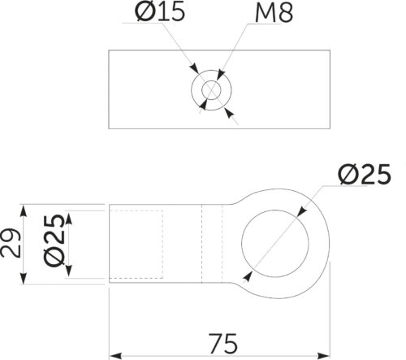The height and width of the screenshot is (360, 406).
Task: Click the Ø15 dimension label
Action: pyautogui.click(x=160, y=11)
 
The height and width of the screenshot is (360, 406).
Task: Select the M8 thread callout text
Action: pyautogui.click(x=274, y=12)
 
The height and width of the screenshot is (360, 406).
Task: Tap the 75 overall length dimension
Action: pyautogui.click(x=223, y=344)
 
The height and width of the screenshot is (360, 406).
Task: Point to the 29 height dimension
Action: pyautogui.click(x=11, y=243)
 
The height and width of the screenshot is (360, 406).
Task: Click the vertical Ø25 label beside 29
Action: pyautogui.click(x=54, y=241)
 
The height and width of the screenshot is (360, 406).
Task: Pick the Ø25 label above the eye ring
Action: pyautogui.click(x=365, y=174)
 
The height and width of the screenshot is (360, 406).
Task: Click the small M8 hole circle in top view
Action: pyautogui.click(x=211, y=90)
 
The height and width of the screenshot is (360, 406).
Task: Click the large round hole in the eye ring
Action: pyautogui.click(x=275, y=244)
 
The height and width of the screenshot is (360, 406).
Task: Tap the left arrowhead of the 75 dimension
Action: pyautogui.click(x=115, y=355)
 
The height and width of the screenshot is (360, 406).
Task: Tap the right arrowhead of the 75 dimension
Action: pyautogui.click(x=323, y=355)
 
